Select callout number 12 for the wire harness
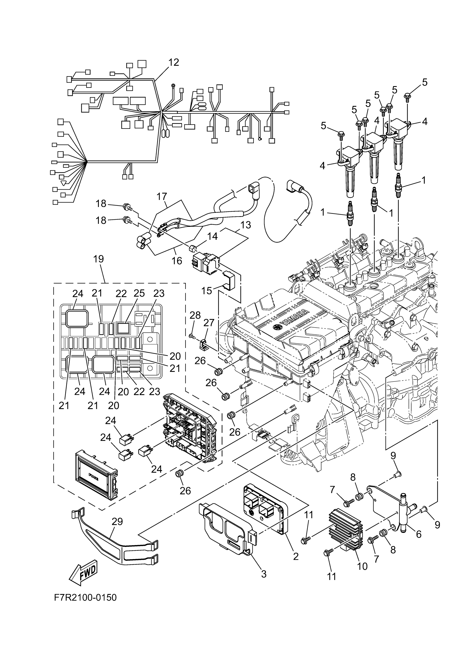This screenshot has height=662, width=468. (x=174, y=62)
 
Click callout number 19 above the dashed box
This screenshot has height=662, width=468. (x=98, y=259)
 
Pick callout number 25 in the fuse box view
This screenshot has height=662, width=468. (x=139, y=293)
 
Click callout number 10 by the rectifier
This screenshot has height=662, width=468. (x=362, y=566)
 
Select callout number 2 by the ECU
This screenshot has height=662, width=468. (x=296, y=556)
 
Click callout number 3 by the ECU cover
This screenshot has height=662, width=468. (x=263, y=574)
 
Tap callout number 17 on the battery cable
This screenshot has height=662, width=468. (x=162, y=197)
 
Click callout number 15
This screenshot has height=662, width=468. (x=206, y=291)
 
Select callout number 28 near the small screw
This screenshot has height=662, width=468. (x=195, y=315)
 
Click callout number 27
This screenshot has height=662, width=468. (x=209, y=323)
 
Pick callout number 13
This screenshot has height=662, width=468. (x=246, y=225)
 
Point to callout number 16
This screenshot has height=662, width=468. (x=177, y=261)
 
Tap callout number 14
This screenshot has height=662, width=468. (x=212, y=236)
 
